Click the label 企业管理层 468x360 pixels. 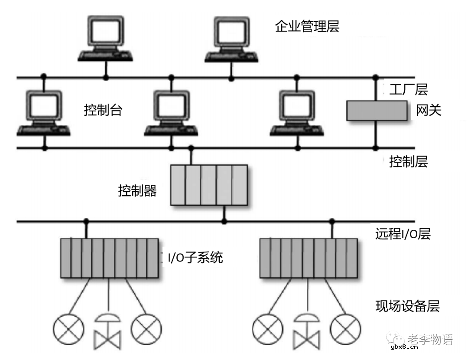(x=307, y=26)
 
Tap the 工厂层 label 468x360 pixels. (x=408, y=90)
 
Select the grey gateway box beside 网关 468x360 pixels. (x=377, y=110)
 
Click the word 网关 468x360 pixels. (x=429, y=110)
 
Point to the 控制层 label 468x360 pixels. (x=408, y=162)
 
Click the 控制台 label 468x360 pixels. (x=103, y=110)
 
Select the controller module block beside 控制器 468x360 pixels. (x=209, y=185)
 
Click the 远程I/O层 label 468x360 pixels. (x=403, y=234)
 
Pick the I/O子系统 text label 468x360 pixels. (x=195, y=258)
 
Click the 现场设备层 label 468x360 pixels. (x=407, y=306)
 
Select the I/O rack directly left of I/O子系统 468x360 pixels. (x=109, y=258)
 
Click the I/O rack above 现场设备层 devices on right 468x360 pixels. (x=309, y=258)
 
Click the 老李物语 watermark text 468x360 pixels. (x=430, y=340)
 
